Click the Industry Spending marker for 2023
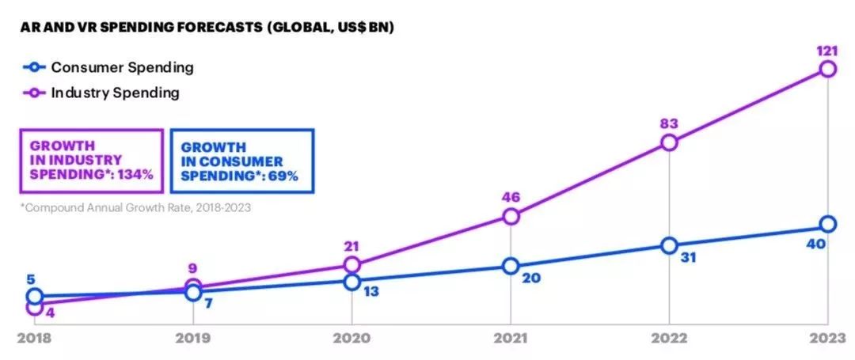tap(827, 69)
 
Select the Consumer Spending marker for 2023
tap(827, 224)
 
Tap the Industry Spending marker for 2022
tap(669, 142)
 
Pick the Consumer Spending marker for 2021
tap(511, 266)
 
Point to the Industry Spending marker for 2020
tap(352, 264)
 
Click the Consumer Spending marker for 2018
tap(34, 297)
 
